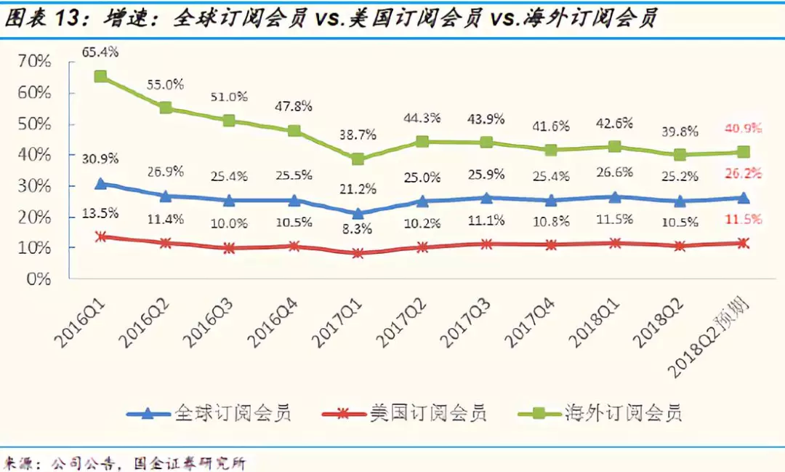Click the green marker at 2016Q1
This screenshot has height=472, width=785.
(x=101, y=76)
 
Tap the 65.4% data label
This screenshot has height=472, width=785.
(x=101, y=52)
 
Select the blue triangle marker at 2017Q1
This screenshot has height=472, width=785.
(x=357, y=214)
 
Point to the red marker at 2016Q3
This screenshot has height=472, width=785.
(x=229, y=248)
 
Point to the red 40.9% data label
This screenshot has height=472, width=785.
(x=743, y=129)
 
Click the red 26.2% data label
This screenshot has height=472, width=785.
(x=743, y=173)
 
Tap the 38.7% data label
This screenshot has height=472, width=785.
(x=357, y=135)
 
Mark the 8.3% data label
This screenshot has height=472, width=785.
(x=357, y=228)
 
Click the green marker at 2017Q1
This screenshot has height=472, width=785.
(x=357, y=159)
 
